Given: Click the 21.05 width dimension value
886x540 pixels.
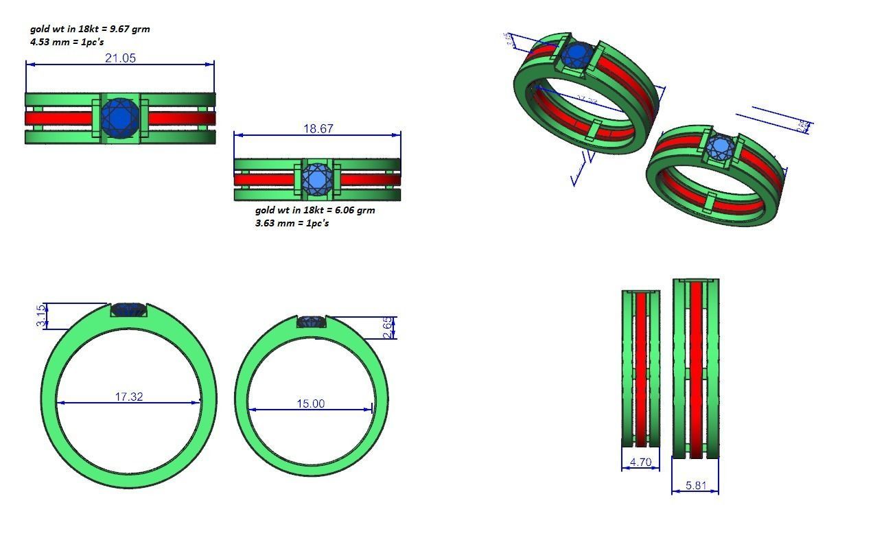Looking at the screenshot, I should coord(120,58).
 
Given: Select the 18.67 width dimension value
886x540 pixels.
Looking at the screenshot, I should coord(318,129).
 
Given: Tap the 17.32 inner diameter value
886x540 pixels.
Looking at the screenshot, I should coord(129,397).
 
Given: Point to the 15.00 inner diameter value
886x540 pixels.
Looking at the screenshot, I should coord(310,403).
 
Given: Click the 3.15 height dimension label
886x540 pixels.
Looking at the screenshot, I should coord(42,316).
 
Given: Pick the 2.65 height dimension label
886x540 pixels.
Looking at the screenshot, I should coord(388,327).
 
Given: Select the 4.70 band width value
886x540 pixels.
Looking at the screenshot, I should coord(640,462).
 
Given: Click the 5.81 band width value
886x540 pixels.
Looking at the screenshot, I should coord(696,485).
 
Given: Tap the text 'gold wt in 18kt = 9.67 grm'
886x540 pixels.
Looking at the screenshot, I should coord(90,30).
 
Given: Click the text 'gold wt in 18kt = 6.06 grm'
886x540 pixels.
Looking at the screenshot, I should coord(315,210).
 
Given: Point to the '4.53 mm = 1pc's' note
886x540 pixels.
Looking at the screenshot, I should coord(67,42).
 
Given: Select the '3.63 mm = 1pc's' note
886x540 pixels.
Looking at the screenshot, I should coord(292,223).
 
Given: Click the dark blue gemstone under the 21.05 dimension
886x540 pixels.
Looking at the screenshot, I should coord(121,118).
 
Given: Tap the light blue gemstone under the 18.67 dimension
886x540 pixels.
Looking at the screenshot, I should coord(316,179).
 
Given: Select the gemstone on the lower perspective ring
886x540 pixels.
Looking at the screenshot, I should coord(720,148).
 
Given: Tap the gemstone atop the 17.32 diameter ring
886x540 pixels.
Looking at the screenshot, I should coord(129,310).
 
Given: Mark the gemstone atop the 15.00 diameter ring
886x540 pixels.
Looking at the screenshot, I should coord(312,322).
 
